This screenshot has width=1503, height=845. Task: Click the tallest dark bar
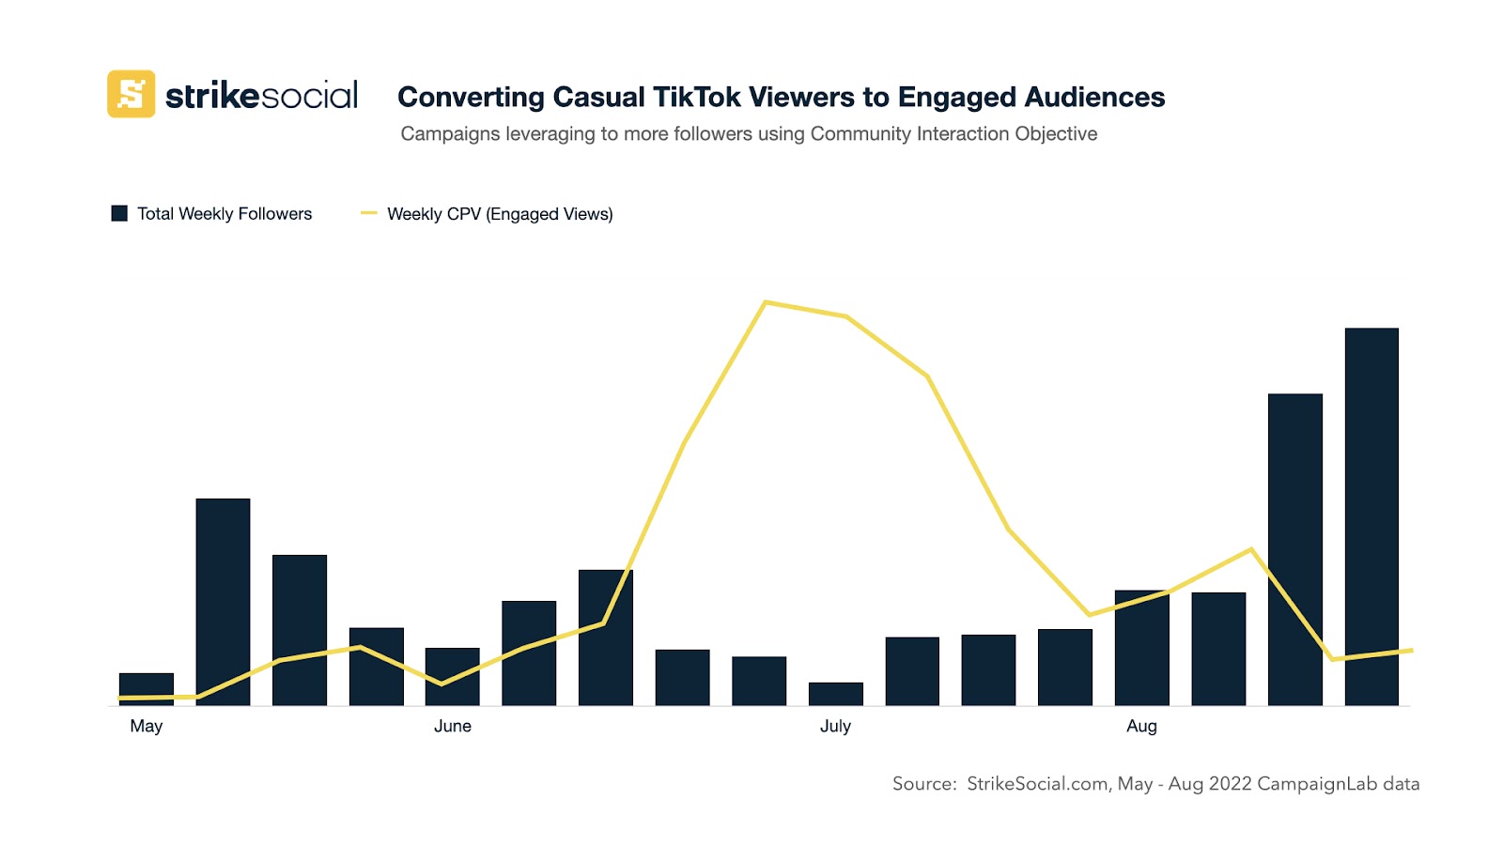pos(1371,516)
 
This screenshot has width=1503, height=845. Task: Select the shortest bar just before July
pos(835,694)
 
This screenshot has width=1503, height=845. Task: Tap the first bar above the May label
pos(146,688)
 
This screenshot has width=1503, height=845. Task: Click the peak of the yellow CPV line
pos(767,302)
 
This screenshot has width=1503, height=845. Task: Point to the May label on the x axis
pos(147,726)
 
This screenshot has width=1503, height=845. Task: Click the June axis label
pos(453,726)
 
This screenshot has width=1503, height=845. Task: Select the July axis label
pos(835,726)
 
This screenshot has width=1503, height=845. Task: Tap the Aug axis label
pos(1141,726)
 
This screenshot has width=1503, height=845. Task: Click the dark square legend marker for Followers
pos(119,213)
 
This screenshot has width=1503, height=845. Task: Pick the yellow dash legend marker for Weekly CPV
pos(369,213)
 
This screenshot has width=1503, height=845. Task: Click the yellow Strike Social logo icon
pos(131,94)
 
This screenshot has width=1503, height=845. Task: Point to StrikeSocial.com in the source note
pos(1037,784)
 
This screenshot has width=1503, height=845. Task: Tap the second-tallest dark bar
pos(1294,549)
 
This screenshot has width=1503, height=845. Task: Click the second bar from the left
pos(223,602)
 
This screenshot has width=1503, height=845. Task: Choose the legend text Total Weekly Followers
pos(225,213)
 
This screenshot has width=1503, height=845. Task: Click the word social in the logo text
pos(309,96)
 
